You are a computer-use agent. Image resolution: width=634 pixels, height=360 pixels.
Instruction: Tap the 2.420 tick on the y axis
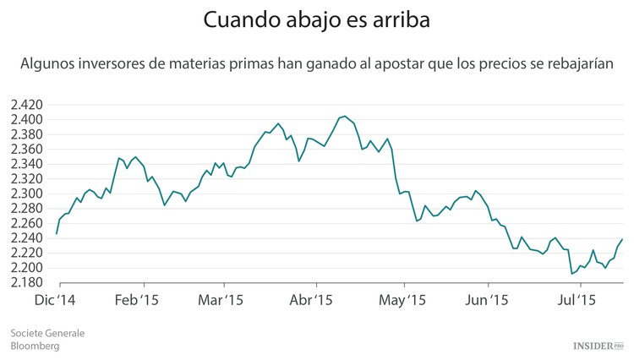(x=27, y=105)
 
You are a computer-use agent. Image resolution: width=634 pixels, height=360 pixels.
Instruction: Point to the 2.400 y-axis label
(x=27, y=119)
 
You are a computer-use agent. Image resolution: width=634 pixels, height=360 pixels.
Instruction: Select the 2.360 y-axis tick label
(x=27, y=149)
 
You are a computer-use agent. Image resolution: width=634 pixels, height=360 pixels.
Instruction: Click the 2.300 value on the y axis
(x=27, y=194)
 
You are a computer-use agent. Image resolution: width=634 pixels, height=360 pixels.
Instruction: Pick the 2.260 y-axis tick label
(x=27, y=223)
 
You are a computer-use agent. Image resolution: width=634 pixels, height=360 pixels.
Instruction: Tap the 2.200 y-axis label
(x=27, y=268)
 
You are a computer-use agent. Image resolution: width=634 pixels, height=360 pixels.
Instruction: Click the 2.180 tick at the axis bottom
(x=27, y=282)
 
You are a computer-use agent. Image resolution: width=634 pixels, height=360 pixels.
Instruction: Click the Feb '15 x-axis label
(x=136, y=300)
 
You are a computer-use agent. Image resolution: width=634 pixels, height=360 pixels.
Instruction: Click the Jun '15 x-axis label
(x=488, y=300)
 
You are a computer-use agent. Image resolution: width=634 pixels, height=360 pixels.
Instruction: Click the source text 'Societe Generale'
(x=47, y=333)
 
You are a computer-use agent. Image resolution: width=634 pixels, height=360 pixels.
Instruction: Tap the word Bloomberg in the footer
(x=35, y=346)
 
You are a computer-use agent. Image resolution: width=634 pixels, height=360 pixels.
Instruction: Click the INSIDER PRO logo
(x=598, y=346)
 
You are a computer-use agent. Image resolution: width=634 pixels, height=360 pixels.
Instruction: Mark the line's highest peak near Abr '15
(x=344, y=116)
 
